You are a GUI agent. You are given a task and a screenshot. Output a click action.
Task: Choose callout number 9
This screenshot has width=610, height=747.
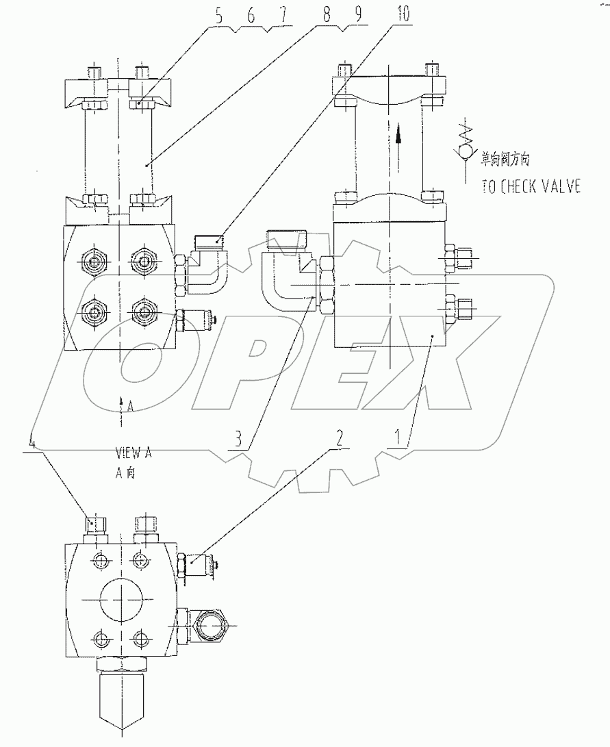[355, 17]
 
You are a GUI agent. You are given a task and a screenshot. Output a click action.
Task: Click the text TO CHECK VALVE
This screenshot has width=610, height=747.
[531, 187]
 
